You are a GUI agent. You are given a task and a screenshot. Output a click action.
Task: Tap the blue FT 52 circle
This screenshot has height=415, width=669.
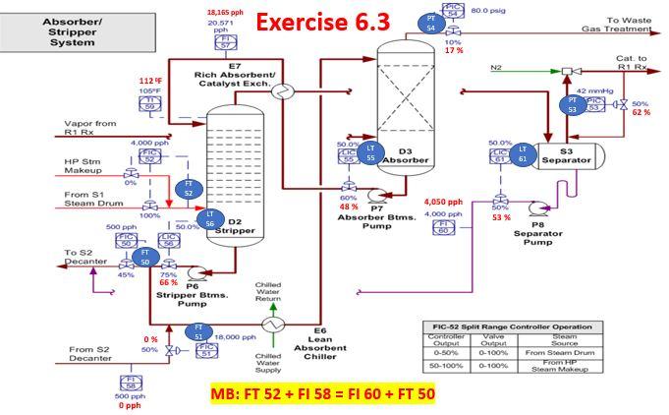coord(188,189)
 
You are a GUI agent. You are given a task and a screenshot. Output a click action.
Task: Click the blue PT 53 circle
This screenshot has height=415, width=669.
coord(572,104)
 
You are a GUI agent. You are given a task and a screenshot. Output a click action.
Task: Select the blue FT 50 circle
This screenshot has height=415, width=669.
coord(144,257)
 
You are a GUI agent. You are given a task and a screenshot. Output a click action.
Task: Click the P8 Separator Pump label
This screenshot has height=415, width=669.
coord(536,233)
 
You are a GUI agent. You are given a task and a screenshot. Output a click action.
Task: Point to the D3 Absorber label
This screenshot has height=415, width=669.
coord(405,154)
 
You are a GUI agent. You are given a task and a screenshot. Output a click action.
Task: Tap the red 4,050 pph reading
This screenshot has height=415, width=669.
coord(443,202)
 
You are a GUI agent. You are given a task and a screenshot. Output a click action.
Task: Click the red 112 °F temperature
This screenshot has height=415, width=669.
coord(149,81)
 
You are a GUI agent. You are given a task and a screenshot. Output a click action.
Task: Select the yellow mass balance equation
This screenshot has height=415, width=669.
coord(322,393)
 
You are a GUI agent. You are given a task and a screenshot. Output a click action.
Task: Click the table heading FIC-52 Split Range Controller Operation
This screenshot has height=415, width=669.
coord(511,326)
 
